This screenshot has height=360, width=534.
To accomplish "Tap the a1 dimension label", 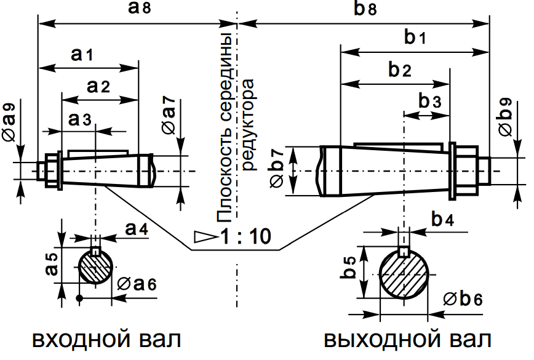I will click(x=81, y=55).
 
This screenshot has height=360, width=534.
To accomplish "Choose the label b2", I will click(x=399, y=70).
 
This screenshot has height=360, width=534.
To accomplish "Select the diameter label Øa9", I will click(x=10, y=122).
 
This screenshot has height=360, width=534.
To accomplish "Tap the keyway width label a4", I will click(x=136, y=229).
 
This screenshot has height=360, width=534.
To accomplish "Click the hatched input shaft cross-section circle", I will click(x=95, y=268).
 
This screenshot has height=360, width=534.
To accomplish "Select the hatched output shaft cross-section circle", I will click(x=404, y=276).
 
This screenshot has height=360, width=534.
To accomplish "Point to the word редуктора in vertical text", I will click(x=248, y=132).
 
